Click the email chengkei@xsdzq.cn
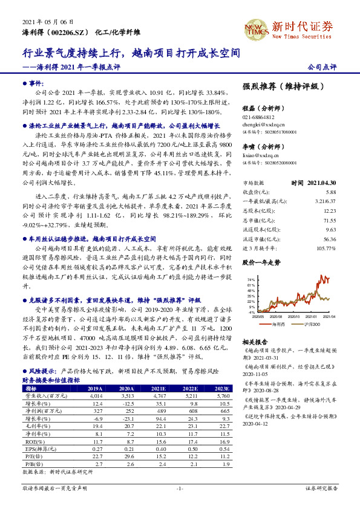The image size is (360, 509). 263,124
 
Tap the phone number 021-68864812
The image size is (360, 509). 258,117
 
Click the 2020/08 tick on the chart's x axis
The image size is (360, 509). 275,316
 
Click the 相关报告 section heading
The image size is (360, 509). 254,342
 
